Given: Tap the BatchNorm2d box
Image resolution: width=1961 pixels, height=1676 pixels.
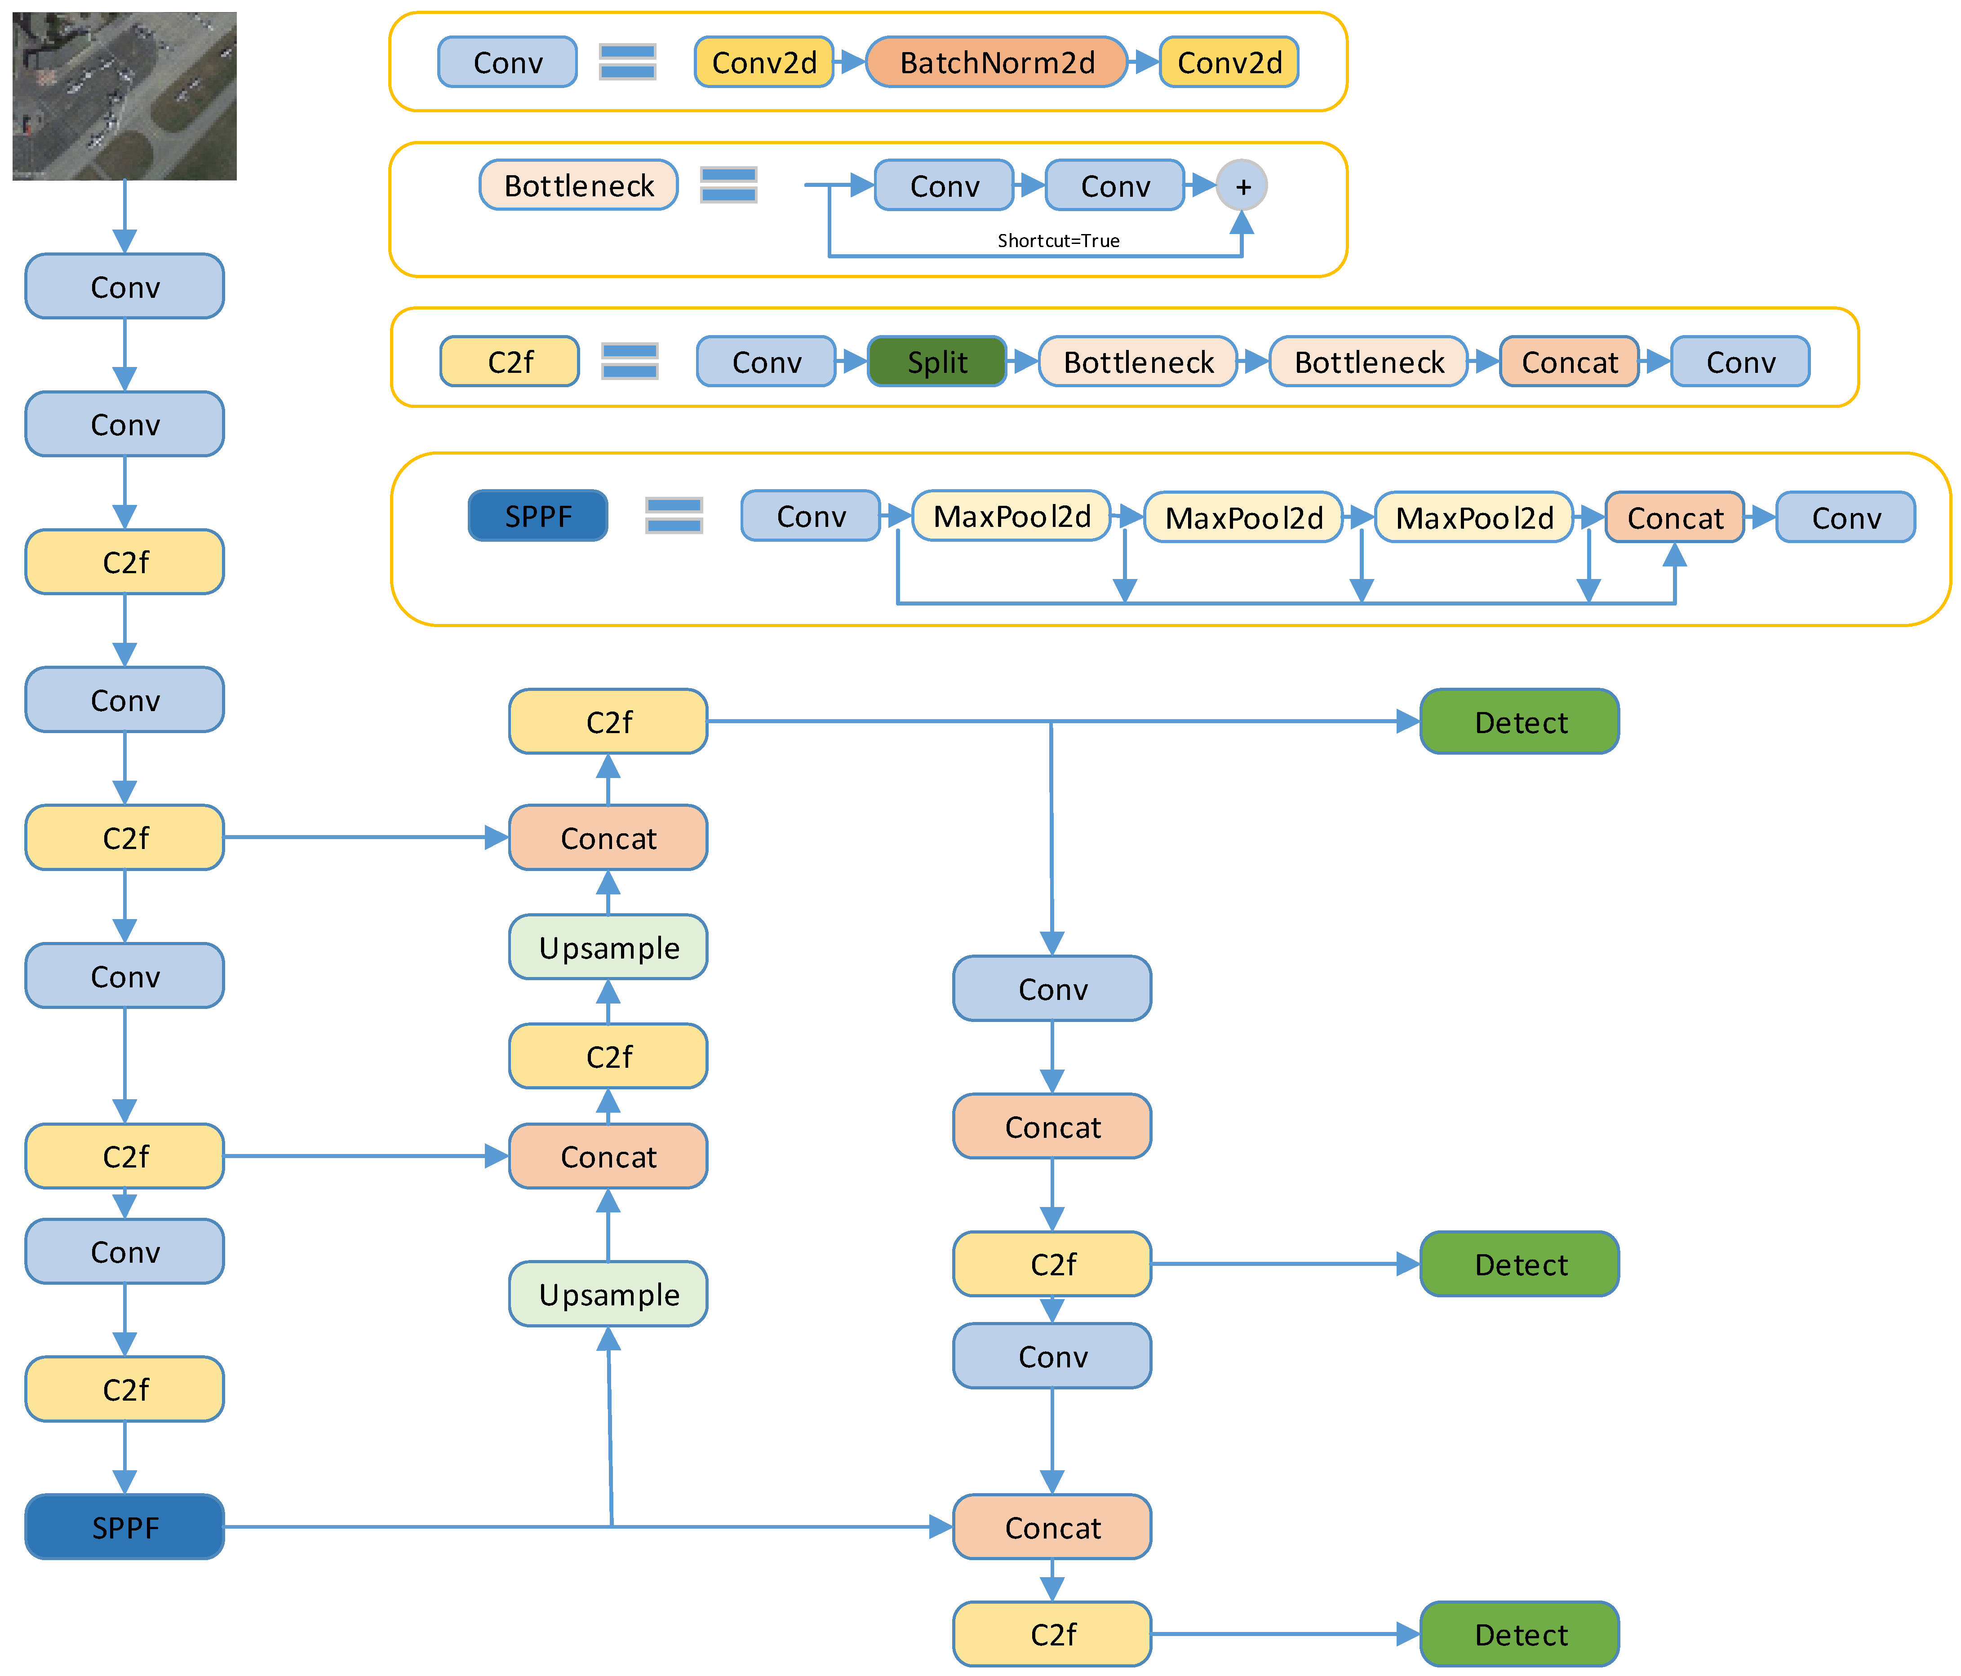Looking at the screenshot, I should (997, 62).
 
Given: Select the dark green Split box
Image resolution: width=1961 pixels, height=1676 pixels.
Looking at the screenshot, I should (937, 362).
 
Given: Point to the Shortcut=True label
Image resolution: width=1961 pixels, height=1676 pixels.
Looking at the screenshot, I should (1058, 240).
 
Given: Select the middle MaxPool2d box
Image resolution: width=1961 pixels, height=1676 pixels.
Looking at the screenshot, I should (1244, 517).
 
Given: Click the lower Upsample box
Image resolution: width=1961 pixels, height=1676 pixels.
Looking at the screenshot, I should (608, 1294).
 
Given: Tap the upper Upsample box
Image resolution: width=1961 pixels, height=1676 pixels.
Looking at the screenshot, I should (608, 947).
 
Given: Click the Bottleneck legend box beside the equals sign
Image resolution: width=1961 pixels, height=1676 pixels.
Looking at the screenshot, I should (578, 186).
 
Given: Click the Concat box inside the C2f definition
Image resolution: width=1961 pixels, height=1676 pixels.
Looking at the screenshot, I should (1569, 362).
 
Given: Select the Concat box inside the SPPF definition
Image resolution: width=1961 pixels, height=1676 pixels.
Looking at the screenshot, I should (1674, 517).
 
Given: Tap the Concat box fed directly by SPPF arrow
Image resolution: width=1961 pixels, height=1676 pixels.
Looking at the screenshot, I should (1051, 1526).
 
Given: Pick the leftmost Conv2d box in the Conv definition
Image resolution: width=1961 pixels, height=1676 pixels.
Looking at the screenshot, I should (764, 62).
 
